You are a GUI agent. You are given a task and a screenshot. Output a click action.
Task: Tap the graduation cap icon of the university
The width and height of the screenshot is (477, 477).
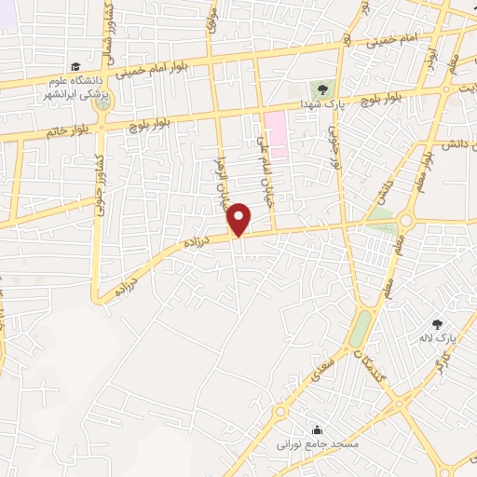[x=75, y=66]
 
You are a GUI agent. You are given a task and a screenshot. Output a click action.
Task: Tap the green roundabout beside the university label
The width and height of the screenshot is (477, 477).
[x=103, y=102]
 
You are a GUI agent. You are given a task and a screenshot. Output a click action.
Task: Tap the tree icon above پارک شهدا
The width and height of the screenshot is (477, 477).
[x=321, y=89]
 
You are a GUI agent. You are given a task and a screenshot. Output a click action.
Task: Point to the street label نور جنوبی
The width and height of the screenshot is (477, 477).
[x=334, y=140]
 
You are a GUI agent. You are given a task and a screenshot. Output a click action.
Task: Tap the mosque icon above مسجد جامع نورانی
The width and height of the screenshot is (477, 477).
[x=319, y=429]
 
